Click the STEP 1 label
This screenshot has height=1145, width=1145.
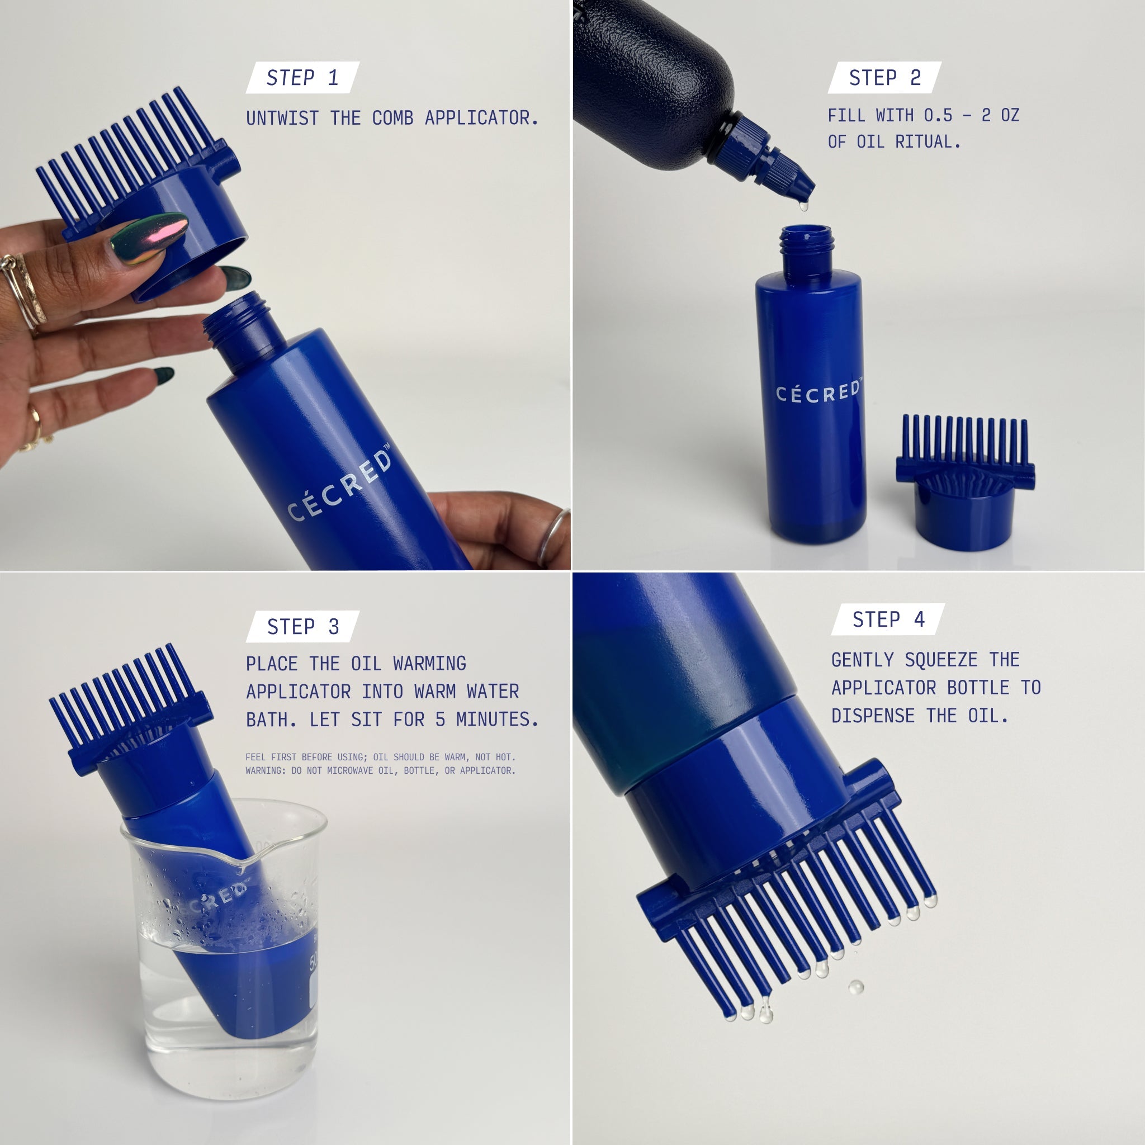[302, 78]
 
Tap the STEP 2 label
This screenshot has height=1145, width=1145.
[885, 78]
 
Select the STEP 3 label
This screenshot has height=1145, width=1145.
[303, 626]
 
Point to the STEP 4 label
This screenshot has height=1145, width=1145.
[888, 619]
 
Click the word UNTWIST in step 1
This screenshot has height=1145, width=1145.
[282, 118]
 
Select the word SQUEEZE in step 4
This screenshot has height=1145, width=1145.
[941, 660]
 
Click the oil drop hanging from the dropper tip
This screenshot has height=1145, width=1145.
[803, 206]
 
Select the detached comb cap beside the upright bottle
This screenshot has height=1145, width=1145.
[965, 482]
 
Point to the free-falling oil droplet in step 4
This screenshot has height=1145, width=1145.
[856, 987]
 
